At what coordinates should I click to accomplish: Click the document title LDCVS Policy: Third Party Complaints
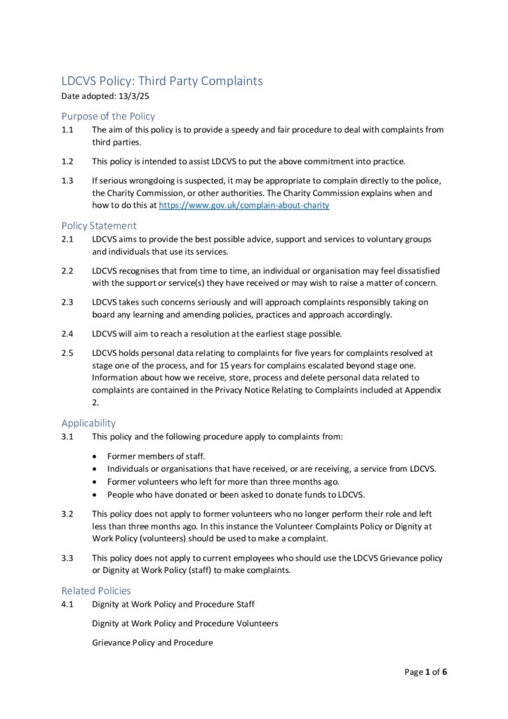click(x=162, y=81)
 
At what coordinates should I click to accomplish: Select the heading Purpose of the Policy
click(x=108, y=116)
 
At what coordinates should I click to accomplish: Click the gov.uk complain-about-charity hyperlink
click(x=244, y=205)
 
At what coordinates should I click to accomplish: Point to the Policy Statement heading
click(x=99, y=225)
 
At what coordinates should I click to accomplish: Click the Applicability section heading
click(x=88, y=423)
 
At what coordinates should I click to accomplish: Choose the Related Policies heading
click(x=95, y=591)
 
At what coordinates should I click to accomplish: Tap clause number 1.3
click(x=67, y=180)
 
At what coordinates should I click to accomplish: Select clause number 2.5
click(x=67, y=352)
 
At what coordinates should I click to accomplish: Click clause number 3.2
click(x=67, y=513)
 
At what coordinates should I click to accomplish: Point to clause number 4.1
click(x=67, y=604)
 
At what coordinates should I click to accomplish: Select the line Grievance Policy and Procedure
click(x=152, y=642)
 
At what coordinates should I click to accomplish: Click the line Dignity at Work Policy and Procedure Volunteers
click(x=185, y=624)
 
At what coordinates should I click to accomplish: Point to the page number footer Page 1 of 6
click(x=426, y=672)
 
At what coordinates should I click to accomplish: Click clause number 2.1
click(x=67, y=239)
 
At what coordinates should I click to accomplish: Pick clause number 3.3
click(x=67, y=558)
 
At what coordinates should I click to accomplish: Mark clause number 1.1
click(x=67, y=130)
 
